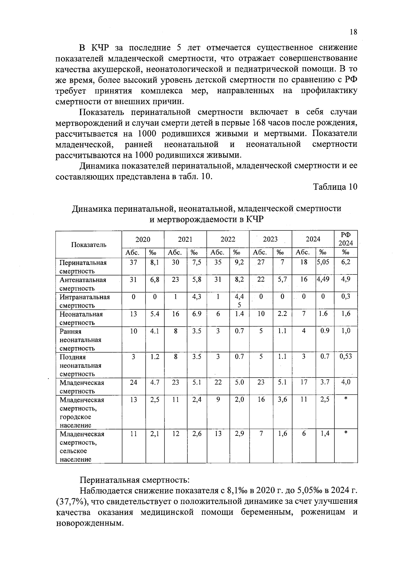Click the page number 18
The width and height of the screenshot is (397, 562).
pyautogui.click(x=353, y=32)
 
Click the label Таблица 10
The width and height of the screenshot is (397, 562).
pyautogui.click(x=335, y=187)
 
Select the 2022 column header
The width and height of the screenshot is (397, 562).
pyautogui.click(x=228, y=239)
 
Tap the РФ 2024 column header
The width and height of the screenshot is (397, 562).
pyautogui.click(x=346, y=239)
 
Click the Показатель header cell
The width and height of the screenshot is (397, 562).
pyautogui.click(x=89, y=244)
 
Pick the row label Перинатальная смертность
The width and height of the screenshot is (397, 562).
pyautogui.click(x=83, y=267)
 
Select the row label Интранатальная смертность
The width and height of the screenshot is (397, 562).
pyautogui.click(x=84, y=301)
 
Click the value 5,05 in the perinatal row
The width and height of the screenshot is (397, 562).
pyautogui.click(x=323, y=262)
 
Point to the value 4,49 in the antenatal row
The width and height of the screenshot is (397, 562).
pyautogui.click(x=323, y=280)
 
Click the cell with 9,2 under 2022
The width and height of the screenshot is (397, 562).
pyautogui.click(x=239, y=262)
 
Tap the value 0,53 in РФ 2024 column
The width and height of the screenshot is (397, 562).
pyautogui.click(x=346, y=357)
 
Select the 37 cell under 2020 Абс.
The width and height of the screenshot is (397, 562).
pyautogui.click(x=133, y=262)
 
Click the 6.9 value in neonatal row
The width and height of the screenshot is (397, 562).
pyautogui.click(x=197, y=314)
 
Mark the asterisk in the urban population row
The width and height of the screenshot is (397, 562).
pyautogui.click(x=346, y=399)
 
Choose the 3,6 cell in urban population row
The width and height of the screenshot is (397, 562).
pyautogui.click(x=282, y=399)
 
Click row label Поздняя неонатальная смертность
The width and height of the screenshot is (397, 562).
pyautogui.click(x=80, y=365)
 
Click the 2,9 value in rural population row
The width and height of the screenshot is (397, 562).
pyautogui.click(x=239, y=434)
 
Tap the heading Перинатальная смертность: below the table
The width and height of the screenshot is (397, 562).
pyautogui.click(x=135, y=480)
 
